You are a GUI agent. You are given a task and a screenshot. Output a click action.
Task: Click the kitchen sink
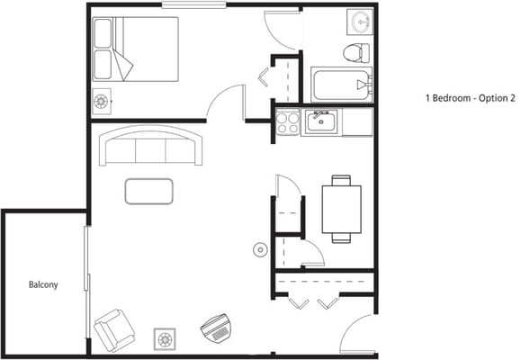(x=319, y=121)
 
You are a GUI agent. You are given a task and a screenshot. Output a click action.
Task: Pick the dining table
(x=341, y=208)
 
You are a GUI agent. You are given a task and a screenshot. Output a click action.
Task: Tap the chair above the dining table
(x=341, y=180)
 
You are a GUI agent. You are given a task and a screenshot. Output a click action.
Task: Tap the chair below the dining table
(x=341, y=238)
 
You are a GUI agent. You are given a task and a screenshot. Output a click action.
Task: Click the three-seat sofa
(x=151, y=146)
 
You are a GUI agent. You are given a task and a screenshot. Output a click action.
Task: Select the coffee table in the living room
(x=149, y=191)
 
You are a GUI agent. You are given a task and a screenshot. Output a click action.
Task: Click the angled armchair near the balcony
(x=113, y=329)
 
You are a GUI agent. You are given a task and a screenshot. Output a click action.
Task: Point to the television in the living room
(x=216, y=328)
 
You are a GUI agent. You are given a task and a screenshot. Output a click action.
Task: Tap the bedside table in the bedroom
(x=102, y=102)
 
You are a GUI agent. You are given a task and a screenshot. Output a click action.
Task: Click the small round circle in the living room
(x=260, y=248)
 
